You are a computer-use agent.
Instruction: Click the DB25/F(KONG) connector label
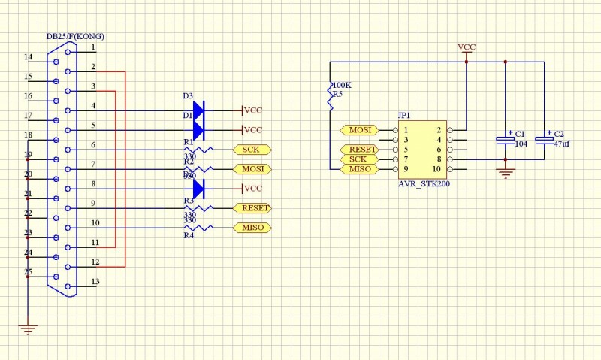(75, 36)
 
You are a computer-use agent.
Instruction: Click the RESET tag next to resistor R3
(252, 208)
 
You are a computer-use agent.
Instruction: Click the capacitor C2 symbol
(544, 139)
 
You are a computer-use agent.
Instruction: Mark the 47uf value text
(561, 144)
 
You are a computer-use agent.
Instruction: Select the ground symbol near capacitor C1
(506, 174)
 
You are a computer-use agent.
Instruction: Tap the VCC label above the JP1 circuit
(467, 47)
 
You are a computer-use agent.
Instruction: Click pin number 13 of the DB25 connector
(95, 282)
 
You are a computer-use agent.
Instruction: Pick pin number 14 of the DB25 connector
(28, 57)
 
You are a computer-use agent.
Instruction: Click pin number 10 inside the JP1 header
(436, 168)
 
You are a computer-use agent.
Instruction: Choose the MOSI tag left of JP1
(359, 130)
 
